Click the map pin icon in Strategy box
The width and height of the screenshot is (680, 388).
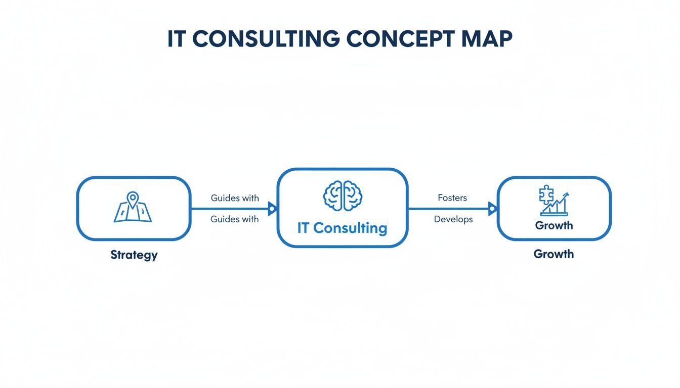pyautogui.click(x=133, y=199)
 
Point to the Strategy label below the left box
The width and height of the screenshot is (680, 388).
pyautogui.click(x=134, y=255)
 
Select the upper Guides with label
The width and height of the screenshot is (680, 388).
pyautogui.click(x=235, y=198)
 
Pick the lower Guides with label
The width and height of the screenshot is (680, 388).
pyautogui.click(x=235, y=219)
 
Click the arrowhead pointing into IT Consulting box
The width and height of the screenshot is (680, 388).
pyautogui.click(x=272, y=208)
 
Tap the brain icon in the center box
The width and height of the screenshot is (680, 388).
pyautogui.click(x=343, y=196)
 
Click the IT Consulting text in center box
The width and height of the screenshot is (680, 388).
pyautogui.click(x=342, y=228)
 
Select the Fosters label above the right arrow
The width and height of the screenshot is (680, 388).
pyautogui.click(x=452, y=198)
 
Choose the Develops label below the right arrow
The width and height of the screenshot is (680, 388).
pyautogui.click(x=453, y=219)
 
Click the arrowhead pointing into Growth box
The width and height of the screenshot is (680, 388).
pyautogui.click(x=492, y=208)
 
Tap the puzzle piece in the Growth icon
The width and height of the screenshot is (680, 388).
pyautogui.click(x=546, y=195)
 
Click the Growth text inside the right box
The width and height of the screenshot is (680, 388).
pyautogui.click(x=554, y=225)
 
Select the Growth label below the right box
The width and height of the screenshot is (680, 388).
pyautogui.click(x=554, y=254)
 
